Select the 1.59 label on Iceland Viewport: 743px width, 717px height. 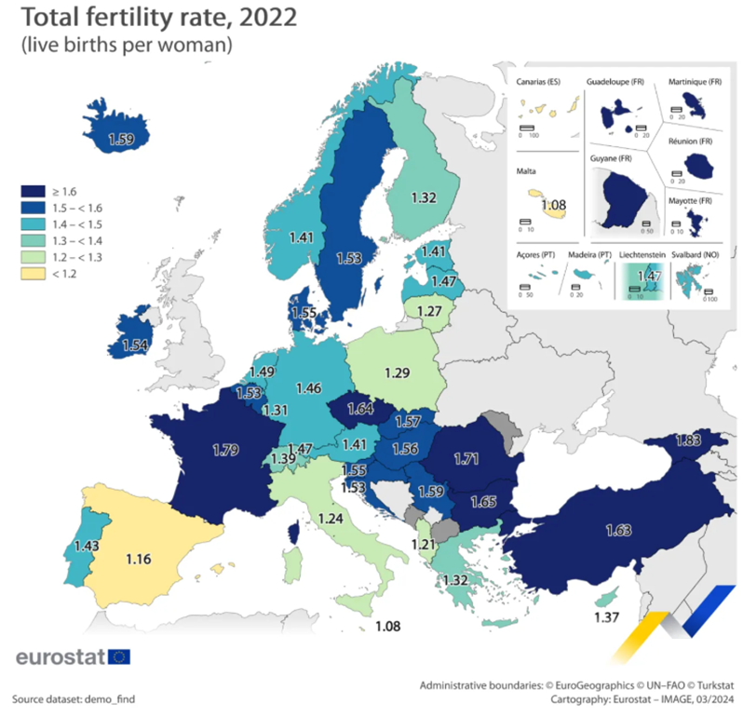pyautogui.click(x=123, y=141)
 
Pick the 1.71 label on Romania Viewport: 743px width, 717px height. pyautogui.click(x=468, y=457)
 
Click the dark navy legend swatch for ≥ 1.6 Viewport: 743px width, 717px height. pyautogui.click(x=33, y=190)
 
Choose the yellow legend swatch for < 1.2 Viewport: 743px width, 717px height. pyautogui.click(x=33, y=275)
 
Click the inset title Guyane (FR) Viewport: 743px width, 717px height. pyautogui.click(x=611, y=159)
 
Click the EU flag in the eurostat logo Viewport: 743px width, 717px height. pyautogui.click(x=119, y=656)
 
